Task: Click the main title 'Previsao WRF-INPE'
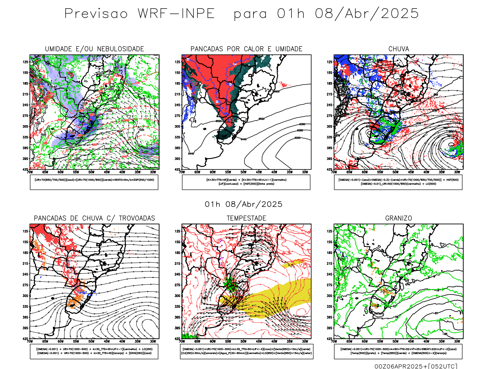[139, 14]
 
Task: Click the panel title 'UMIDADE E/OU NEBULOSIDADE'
[94, 49]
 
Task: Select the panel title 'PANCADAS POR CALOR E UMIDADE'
[246, 49]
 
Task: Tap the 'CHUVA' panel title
[399, 49]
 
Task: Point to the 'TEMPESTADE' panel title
[246, 218]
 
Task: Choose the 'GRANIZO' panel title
[399, 218]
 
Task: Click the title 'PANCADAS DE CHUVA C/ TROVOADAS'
[94, 218]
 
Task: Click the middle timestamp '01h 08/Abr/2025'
[244, 204]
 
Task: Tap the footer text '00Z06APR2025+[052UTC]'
[416, 366]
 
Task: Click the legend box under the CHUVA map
[398, 182]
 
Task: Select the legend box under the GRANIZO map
[398, 351]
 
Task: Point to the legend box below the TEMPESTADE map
[247, 351]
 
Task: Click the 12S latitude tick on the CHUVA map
[330, 62]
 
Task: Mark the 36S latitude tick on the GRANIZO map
[330, 317]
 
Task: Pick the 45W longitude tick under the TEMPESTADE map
[259, 341]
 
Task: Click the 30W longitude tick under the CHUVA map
[457, 172]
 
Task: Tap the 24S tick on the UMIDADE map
[25, 105]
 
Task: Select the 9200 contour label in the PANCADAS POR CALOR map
[297, 138]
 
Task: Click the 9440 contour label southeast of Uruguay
[243, 139]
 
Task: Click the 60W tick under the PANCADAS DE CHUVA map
[61, 341]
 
